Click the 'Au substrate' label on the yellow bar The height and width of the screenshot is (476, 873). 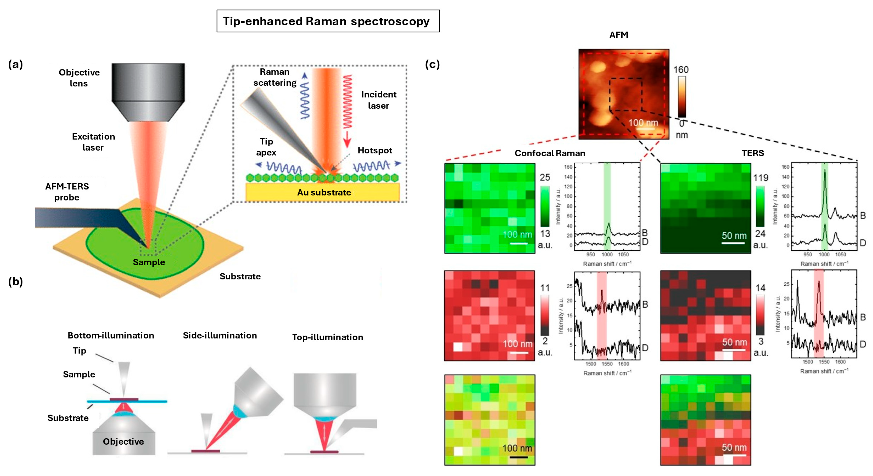pos(324,192)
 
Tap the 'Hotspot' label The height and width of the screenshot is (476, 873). pos(374,150)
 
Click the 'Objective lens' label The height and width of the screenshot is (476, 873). pos(79,78)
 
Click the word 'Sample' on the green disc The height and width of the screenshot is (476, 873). pos(149,262)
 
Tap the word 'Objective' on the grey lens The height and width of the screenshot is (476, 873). pos(123,441)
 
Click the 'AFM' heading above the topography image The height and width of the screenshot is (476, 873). pos(618,35)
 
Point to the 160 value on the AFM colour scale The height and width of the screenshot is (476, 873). pos(681,70)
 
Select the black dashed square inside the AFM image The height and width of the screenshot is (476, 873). pos(625,94)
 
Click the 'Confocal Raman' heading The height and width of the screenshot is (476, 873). pos(550,153)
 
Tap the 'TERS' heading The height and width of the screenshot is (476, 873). pos(753,153)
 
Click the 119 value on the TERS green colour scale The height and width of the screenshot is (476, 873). pos(760,178)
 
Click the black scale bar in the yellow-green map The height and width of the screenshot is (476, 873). pos(518,457)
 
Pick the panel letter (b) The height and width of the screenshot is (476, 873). pos(16,281)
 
